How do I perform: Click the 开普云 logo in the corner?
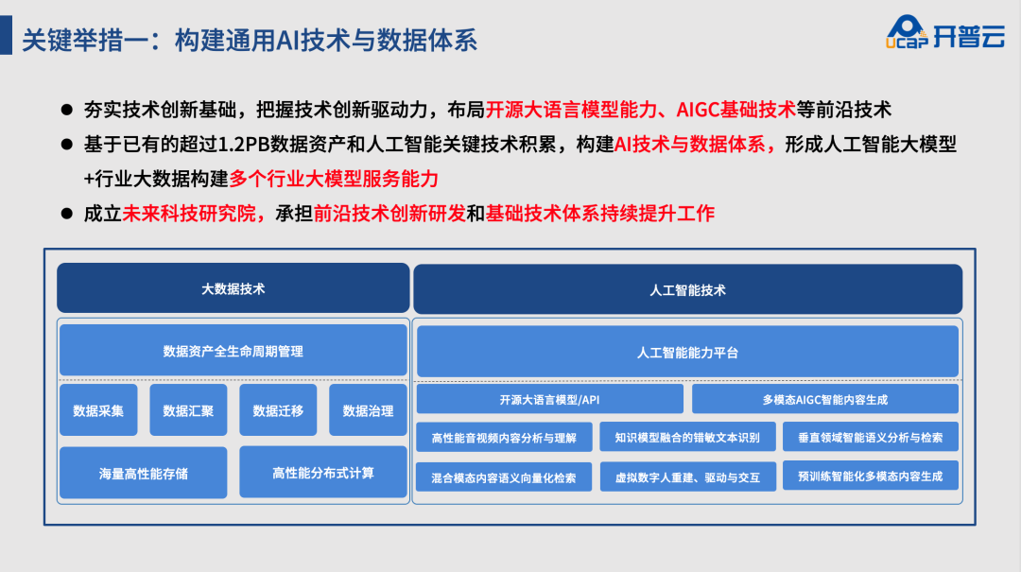click(x=944, y=32)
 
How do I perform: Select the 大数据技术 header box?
click(x=234, y=288)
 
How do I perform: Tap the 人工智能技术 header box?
click(x=687, y=290)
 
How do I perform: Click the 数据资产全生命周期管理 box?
click(x=234, y=351)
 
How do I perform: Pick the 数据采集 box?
click(x=98, y=409)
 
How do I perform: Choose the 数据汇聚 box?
click(x=188, y=409)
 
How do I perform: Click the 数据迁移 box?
click(x=278, y=409)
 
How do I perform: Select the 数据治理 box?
click(x=368, y=409)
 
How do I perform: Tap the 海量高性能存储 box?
click(x=144, y=473)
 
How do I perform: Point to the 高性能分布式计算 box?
click(x=323, y=473)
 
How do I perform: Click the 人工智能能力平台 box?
click(x=687, y=352)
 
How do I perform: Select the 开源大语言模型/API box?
click(x=549, y=399)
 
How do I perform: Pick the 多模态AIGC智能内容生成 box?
click(x=825, y=399)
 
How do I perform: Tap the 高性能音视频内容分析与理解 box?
click(x=504, y=437)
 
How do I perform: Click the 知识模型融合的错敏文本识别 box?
click(x=687, y=437)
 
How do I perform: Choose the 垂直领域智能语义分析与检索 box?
click(x=871, y=437)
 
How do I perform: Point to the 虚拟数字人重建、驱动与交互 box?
click(x=687, y=477)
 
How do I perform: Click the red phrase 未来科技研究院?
click(x=189, y=213)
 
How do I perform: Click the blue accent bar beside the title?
click(x=6, y=35)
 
